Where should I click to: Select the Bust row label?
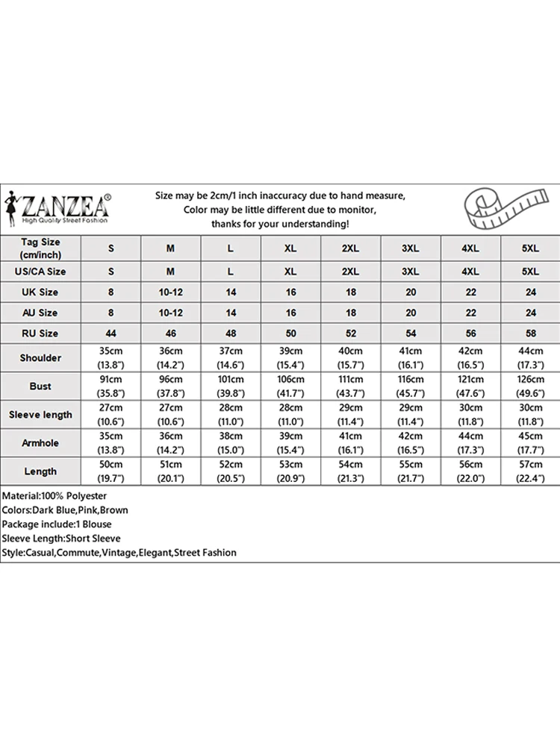[41, 386]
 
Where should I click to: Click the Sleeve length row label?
[41, 415]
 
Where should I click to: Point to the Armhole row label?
[41, 443]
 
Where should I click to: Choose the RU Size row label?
[41, 333]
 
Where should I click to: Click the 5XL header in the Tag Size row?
[531, 248]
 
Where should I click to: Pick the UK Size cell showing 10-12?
[170, 292]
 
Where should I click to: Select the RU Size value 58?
[531, 333]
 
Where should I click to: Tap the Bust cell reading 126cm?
[531, 380]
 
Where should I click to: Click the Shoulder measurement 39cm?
[290, 352]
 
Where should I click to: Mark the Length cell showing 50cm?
[111, 466]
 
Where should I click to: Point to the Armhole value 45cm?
[531, 437]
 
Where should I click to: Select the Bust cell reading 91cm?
[111, 380]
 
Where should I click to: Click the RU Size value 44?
[111, 333]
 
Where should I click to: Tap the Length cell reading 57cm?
[531, 466]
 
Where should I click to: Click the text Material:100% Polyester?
[55, 496]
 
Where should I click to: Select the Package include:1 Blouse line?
[57, 524]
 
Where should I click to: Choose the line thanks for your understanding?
[280, 224]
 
